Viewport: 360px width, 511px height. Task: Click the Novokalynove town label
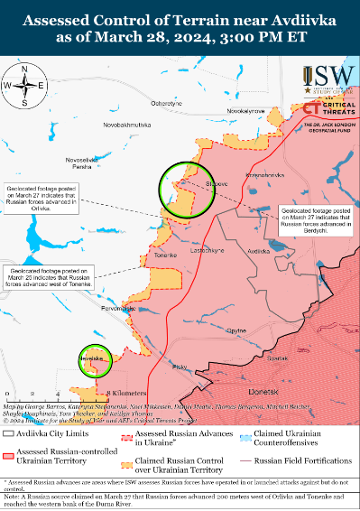click(245, 110)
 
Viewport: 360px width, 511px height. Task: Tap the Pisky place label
click(180, 366)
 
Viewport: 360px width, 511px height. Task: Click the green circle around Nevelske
click(91, 358)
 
